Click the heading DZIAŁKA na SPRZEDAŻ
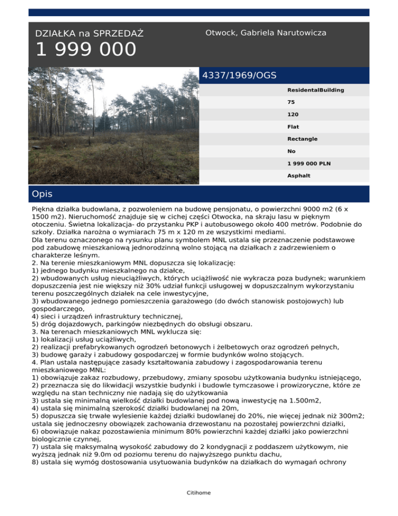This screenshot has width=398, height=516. click(89, 34)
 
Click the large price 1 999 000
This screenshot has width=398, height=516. click(86, 50)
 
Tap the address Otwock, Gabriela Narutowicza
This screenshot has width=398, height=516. click(265, 33)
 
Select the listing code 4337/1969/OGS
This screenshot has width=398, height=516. click(239, 75)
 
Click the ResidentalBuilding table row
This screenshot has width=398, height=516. click(316, 90)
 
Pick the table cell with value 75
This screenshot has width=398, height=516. click(291, 102)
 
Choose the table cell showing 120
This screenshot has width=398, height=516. click(292, 115)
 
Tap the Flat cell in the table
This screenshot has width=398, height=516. click(293, 127)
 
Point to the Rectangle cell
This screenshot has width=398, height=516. click(302, 139)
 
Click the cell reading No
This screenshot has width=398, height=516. click(291, 152)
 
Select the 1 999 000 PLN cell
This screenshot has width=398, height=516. click(309, 164)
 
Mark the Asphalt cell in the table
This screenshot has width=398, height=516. click(298, 176)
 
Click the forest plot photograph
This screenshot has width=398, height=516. click(113, 125)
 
